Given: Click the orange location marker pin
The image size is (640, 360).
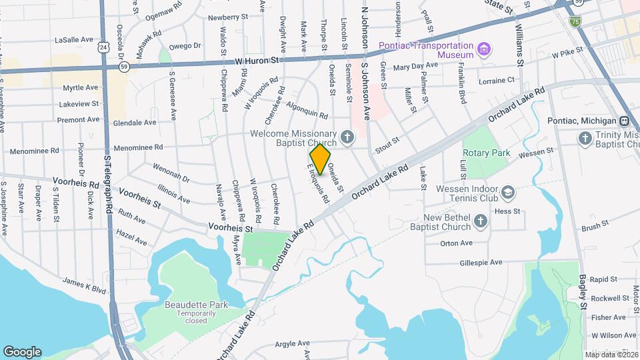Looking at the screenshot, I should [321, 159].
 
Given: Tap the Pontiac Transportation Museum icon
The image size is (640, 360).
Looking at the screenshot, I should [484, 49].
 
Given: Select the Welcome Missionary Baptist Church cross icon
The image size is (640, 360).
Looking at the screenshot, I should [347, 137].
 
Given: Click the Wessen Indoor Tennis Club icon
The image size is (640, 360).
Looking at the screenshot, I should [509, 193].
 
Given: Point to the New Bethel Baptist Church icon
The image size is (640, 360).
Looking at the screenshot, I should [481, 221].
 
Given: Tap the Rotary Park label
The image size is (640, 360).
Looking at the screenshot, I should [486, 153].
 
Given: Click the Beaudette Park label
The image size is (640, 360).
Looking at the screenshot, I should [196, 305].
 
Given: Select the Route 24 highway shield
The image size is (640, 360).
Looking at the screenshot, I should [101, 48].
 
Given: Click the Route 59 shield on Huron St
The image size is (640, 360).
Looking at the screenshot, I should [124, 66].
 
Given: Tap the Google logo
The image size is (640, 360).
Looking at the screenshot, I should [22, 352].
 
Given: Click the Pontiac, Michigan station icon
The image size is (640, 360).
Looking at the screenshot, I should [625, 121].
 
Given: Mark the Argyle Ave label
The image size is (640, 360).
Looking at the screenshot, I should [293, 345].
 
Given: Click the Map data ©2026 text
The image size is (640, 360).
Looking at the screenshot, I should [612, 354].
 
